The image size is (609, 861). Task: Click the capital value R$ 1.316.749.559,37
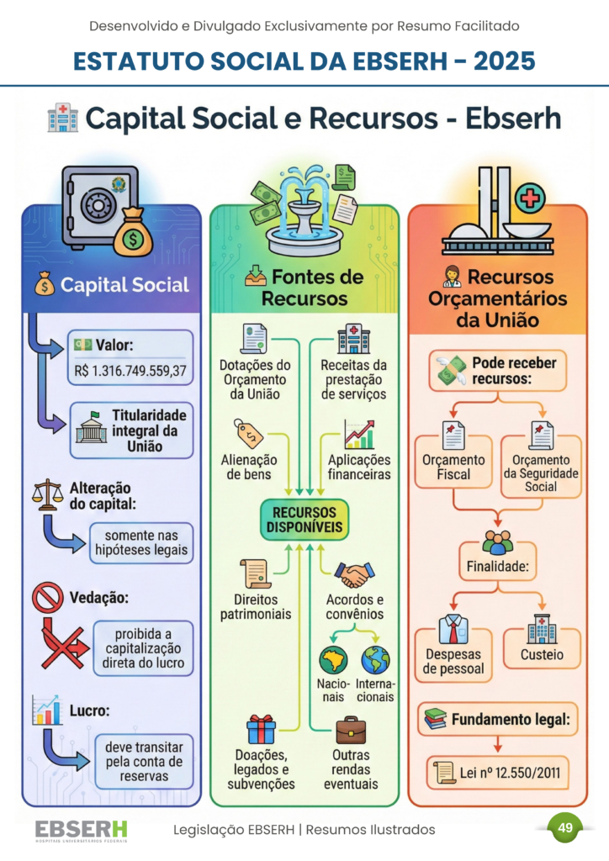131,371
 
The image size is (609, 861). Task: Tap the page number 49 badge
565,828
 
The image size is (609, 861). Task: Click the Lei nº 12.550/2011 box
496,772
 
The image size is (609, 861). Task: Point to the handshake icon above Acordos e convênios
354,575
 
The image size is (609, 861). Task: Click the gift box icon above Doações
261,728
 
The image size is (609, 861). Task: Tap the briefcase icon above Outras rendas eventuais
351,729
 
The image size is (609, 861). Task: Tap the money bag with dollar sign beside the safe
134,235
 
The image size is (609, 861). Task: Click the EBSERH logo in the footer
82,830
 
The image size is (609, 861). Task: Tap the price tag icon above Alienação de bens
250,433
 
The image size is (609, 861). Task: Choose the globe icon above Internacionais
375,660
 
